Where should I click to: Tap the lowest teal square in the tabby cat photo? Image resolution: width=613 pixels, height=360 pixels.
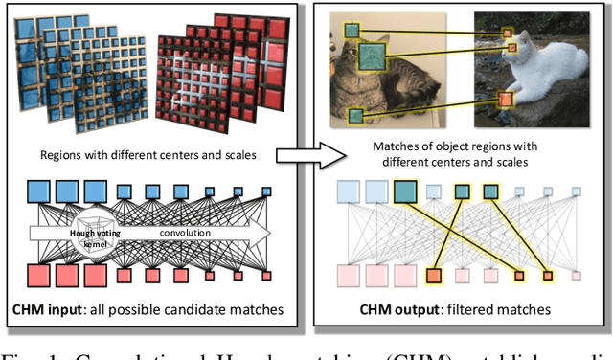tap(355, 116)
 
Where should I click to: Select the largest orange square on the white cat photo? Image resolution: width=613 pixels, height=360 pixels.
tap(504, 100)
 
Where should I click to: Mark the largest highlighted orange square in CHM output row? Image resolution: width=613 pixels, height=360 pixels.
tap(433, 278)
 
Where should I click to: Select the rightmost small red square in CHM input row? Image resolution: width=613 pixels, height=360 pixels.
tap(265, 275)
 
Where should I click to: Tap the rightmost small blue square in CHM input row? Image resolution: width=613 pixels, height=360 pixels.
tap(265, 191)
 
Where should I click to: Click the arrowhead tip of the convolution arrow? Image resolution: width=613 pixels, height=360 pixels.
tap(272, 233)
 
